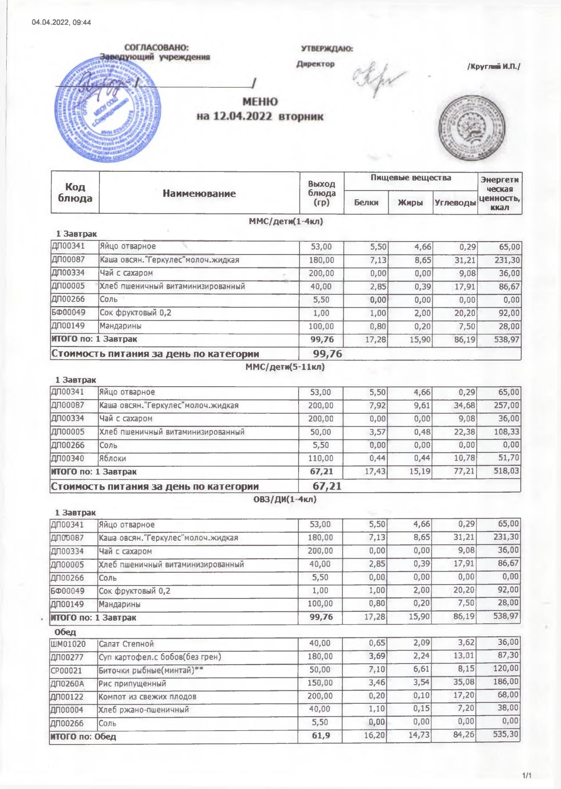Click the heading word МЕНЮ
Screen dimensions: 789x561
[x=260, y=102]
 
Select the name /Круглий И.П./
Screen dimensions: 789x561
[x=494, y=67]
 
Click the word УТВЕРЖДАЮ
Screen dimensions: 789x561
[x=327, y=49]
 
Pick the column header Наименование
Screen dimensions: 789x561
[x=199, y=193]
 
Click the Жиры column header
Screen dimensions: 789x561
[x=410, y=203]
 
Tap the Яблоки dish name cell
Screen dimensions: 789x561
[x=112, y=458]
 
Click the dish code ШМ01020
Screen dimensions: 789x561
[x=68, y=644]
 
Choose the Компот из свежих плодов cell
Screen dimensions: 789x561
[x=147, y=696]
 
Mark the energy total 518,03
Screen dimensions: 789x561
[x=506, y=471]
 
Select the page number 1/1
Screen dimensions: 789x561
[x=527, y=776]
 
